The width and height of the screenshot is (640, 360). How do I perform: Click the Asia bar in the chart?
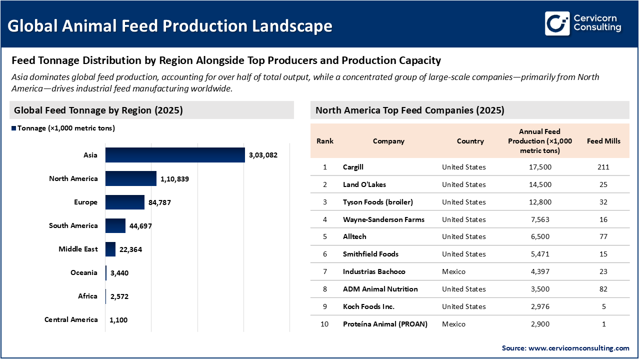(174, 155)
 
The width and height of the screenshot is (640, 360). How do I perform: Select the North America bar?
(131, 178)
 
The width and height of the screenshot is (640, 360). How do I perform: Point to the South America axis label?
(73, 225)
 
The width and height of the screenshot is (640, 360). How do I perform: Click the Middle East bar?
(110, 249)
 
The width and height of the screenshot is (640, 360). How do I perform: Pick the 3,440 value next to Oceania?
(119, 272)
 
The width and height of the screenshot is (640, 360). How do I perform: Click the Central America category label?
(71, 319)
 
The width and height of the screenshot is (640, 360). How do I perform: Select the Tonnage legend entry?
(63, 128)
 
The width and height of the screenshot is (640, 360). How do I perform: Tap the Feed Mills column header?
(603, 141)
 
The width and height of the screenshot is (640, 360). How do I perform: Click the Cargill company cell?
(353, 167)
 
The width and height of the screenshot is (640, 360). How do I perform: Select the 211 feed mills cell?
(603, 167)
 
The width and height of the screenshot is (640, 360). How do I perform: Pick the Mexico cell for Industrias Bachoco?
(453, 271)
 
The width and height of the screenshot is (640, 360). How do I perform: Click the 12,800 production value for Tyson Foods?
(539, 202)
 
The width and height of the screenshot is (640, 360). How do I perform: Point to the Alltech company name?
(354, 236)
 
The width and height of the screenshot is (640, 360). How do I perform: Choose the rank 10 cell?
(324, 324)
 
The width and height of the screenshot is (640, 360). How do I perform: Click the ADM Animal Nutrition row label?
(380, 289)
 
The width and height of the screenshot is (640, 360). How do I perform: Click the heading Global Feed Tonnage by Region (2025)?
(98, 110)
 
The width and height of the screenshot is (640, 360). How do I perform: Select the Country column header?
(470, 141)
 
